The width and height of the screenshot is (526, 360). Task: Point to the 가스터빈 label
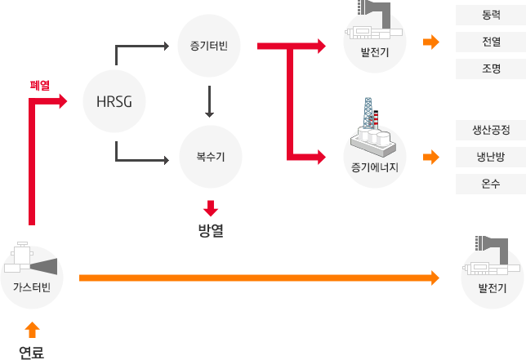pos(31,285)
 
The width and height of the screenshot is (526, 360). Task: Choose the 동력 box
pos(491,14)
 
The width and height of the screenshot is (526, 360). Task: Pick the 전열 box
pos(491,42)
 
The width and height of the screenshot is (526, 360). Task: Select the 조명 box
pos(491,69)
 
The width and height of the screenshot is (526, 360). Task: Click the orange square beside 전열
pos(430,42)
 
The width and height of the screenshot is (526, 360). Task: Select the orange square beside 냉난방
pos(430,157)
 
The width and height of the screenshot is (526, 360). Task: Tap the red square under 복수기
pos(211,208)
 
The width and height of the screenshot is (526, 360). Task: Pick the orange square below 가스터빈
pos(31,329)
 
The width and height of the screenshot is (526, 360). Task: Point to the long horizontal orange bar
pos(258,278)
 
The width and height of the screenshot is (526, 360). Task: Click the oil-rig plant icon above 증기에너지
pos(374,127)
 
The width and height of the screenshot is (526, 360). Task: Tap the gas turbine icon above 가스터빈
pos(31,260)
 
